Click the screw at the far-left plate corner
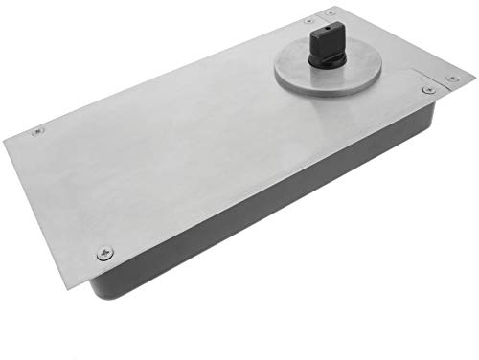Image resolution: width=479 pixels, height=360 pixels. coord(37,131)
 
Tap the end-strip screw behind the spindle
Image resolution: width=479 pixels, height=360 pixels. coord(331,13)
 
